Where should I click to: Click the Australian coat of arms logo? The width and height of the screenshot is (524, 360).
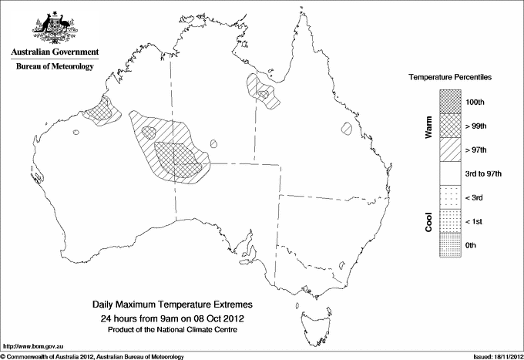[x=54, y=25]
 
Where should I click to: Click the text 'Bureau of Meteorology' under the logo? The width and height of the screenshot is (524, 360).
[x=54, y=67]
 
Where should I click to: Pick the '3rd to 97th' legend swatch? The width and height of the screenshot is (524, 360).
[x=451, y=173]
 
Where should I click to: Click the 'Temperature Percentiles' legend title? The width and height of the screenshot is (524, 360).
[x=450, y=79]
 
